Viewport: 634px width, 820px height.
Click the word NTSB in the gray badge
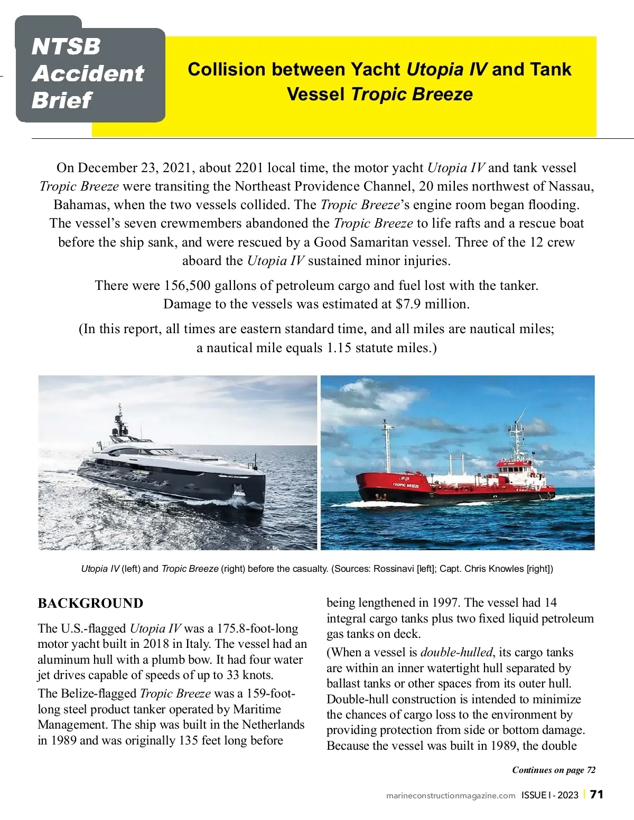click(x=66, y=46)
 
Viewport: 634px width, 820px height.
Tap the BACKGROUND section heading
click(x=90, y=604)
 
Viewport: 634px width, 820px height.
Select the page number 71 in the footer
click(x=596, y=794)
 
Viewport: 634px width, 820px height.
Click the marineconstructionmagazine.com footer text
click(x=451, y=795)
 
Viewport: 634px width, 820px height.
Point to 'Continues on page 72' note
click(x=554, y=770)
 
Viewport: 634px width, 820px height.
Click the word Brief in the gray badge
click(x=61, y=100)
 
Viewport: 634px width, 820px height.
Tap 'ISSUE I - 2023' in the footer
click(x=549, y=795)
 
